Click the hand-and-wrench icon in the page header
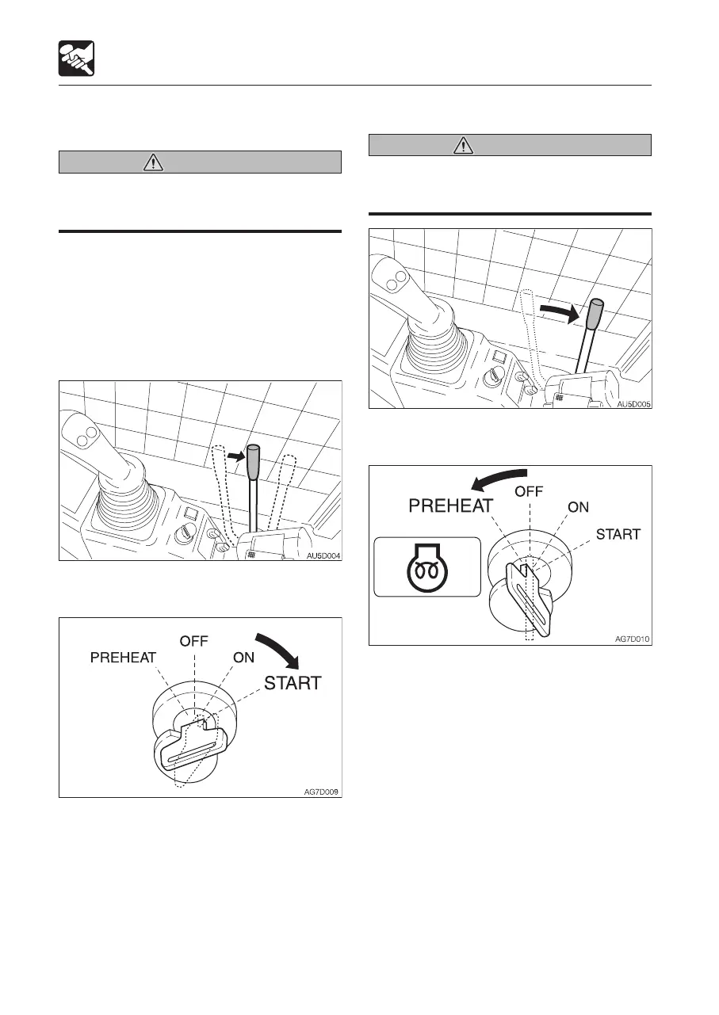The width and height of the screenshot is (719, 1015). [77, 59]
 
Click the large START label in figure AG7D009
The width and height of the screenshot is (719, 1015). [293, 682]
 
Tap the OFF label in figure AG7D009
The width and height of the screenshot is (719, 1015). [194, 641]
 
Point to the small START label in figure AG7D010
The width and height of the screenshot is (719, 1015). [618, 534]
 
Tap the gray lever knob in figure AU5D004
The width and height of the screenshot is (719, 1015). [254, 461]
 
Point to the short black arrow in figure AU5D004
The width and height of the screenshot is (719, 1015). [235, 456]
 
